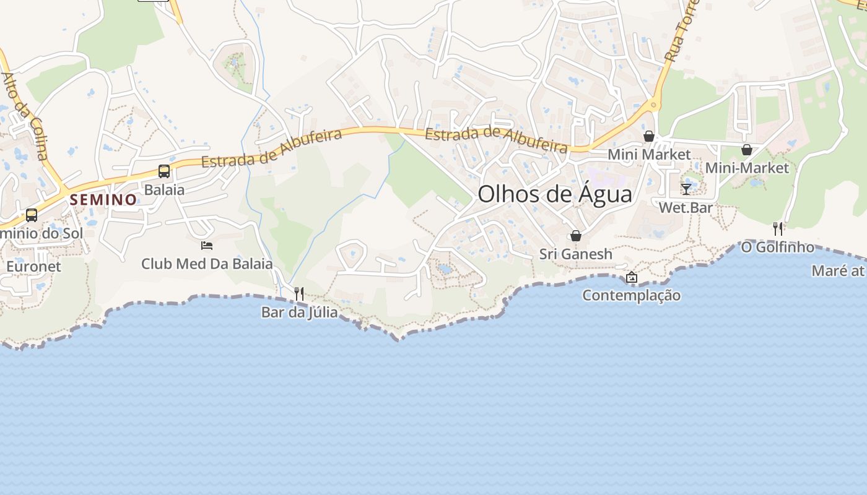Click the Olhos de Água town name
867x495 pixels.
tap(555, 194)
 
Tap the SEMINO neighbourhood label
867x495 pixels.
tap(103, 200)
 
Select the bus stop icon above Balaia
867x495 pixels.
tap(164, 171)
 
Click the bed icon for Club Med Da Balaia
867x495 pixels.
tap(207, 246)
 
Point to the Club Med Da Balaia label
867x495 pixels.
tap(207, 264)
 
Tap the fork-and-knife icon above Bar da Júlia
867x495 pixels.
tap(299, 293)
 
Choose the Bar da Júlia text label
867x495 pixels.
tap(300, 312)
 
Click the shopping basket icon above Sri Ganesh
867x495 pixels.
tap(576, 236)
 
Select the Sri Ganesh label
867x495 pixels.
tap(576, 254)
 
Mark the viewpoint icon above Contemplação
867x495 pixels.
tap(632, 277)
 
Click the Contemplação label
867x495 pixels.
tap(632, 295)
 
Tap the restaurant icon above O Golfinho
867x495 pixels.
tap(778, 228)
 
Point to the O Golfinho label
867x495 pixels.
tap(778, 247)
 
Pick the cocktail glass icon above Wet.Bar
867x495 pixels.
tap(686, 189)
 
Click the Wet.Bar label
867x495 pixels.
tap(686, 207)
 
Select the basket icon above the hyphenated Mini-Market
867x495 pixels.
tap(747, 150)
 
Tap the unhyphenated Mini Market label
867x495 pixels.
tap(649, 154)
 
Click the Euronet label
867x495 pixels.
tap(34, 267)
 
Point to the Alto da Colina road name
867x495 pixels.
tap(25, 116)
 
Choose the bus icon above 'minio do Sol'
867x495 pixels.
tap(31, 215)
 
